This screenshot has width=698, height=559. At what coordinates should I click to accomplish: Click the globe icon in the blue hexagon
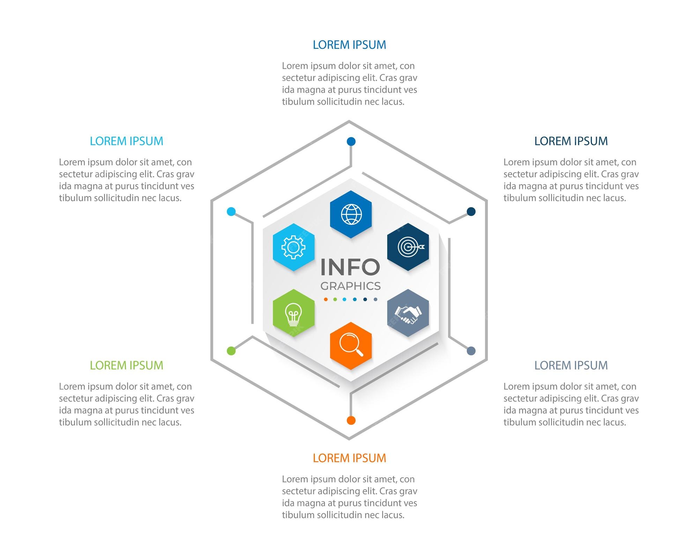click(351, 214)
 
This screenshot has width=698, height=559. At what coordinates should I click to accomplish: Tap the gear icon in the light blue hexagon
click(294, 247)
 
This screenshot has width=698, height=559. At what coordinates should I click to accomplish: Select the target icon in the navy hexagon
click(411, 247)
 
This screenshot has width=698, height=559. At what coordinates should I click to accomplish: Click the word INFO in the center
click(350, 267)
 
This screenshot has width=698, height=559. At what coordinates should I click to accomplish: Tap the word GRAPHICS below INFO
click(350, 286)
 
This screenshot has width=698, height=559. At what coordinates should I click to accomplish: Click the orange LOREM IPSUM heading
click(349, 458)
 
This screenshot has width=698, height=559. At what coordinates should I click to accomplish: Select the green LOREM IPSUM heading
click(126, 365)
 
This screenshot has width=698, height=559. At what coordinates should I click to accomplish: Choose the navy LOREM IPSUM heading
click(571, 141)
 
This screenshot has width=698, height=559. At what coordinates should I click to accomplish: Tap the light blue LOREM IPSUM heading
click(126, 141)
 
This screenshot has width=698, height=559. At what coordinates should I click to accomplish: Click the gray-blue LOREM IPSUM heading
click(571, 365)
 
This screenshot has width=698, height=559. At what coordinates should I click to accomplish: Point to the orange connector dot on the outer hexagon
click(351, 420)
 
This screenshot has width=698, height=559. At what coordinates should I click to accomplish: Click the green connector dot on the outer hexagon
click(231, 351)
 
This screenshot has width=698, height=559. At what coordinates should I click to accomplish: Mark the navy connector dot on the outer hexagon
click(471, 211)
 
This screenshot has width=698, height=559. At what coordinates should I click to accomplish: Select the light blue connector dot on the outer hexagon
click(231, 211)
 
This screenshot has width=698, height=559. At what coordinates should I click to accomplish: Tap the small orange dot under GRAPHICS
click(326, 299)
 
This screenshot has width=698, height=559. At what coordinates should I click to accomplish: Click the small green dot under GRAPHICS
click(335, 299)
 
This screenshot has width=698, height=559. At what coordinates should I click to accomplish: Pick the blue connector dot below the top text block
click(351, 141)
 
